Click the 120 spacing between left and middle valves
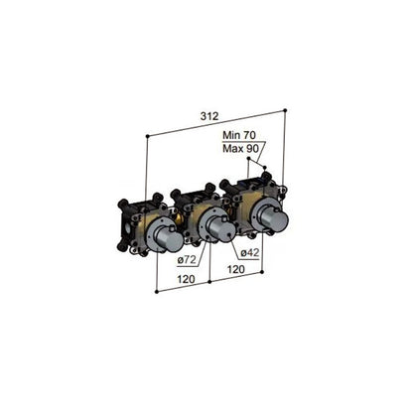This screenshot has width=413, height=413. pyautogui.click(x=185, y=281)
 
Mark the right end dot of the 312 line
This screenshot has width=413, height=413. pyautogui.click(x=285, y=108)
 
